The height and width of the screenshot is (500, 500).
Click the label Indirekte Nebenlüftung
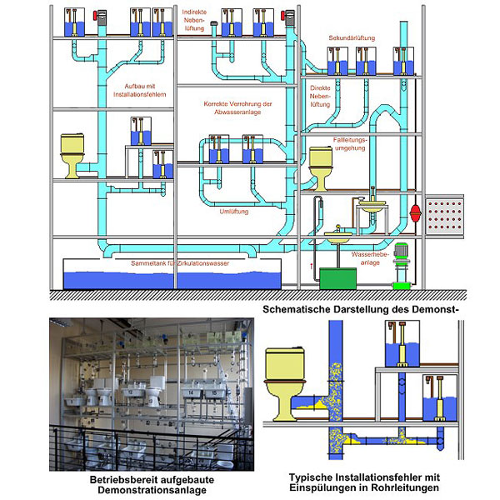[x=192, y=22]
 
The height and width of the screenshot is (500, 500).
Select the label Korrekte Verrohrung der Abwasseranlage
[x=237, y=107]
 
